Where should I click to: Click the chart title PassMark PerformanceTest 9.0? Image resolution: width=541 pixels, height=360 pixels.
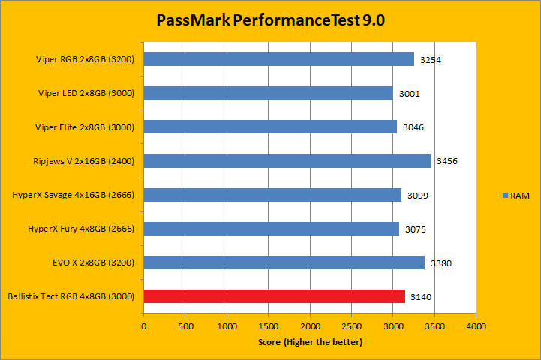(x=270, y=20)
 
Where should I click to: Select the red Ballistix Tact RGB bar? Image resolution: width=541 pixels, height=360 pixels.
(x=274, y=296)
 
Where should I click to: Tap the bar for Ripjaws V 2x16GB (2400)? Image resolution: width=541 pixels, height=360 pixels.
(x=287, y=161)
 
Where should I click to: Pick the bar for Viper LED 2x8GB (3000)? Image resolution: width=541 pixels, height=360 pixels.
(x=268, y=93)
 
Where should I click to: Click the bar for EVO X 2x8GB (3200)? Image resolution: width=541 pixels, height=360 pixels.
(x=284, y=262)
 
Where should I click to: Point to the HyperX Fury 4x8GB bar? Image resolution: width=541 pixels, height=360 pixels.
(x=271, y=229)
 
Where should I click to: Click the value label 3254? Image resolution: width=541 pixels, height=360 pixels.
(x=431, y=60)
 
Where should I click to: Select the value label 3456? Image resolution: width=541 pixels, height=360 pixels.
(x=447, y=162)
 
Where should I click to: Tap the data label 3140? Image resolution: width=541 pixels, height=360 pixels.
(x=421, y=297)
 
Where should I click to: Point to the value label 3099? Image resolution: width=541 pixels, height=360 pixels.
(x=417, y=196)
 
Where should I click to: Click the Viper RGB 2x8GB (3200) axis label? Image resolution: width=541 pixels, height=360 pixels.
(x=85, y=59)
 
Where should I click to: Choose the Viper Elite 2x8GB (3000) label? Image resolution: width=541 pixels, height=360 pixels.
(x=86, y=127)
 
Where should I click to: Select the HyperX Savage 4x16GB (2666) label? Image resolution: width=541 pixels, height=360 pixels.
(x=74, y=195)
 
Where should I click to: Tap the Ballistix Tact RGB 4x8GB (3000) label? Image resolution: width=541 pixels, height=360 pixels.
(x=71, y=296)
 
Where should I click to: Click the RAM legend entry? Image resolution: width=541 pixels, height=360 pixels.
(x=515, y=195)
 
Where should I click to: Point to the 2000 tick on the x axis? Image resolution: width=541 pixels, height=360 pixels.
(x=310, y=327)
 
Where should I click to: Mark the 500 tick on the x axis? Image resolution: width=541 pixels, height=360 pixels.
(x=185, y=327)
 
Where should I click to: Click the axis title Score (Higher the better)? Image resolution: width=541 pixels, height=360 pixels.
(x=310, y=342)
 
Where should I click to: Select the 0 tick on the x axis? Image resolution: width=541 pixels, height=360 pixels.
(x=144, y=327)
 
